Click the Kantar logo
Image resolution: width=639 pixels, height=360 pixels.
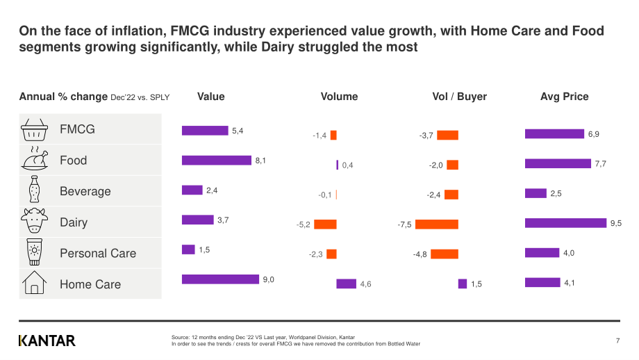click(47, 341)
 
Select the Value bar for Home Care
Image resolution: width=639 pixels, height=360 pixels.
click(220, 279)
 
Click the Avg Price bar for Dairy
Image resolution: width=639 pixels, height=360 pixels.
click(565, 223)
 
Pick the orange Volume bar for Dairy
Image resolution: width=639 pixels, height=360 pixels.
click(325, 224)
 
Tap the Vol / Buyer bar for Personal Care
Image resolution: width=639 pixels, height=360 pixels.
click(445, 254)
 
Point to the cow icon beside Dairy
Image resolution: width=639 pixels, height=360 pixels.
click(34, 220)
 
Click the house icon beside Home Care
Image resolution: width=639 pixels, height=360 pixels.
click(34, 283)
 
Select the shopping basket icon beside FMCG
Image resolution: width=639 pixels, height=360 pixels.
click(34, 130)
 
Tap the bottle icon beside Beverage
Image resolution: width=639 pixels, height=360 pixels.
click(34, 189)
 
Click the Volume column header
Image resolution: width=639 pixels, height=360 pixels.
click(339, 97)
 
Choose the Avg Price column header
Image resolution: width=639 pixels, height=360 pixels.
click(565, 97)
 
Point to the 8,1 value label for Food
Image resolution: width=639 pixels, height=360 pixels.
click(260, 161)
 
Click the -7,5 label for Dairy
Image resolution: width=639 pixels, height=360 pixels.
click(404, 224)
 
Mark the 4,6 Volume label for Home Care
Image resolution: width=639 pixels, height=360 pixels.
click(365, 284)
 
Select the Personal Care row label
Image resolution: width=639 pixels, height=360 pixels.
click(98, 253)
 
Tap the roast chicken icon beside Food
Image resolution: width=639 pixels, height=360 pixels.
click(34, 159)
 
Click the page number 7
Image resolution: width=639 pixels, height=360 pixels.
click(617, 341)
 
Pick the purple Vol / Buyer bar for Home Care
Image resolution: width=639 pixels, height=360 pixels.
click(463, 284)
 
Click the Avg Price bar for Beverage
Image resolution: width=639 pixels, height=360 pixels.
click(536, 193)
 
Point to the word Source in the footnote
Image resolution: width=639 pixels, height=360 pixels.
click(180, 337)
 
